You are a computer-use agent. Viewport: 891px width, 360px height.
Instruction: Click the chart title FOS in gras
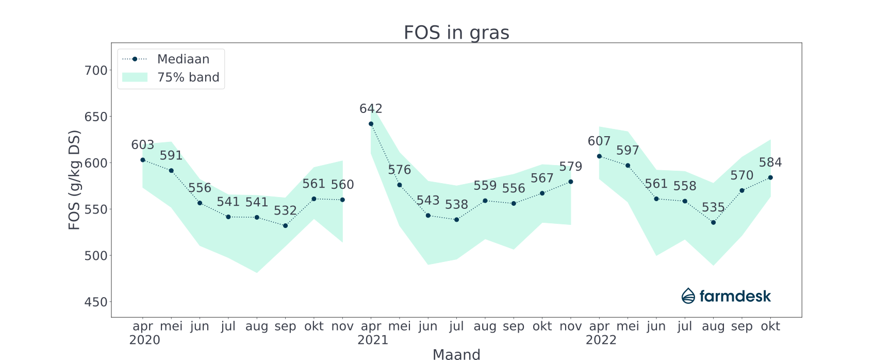pos(456,32)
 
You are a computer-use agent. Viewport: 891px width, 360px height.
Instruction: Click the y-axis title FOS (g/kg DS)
pos(74,181)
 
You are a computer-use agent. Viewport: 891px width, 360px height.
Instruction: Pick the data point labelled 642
pos(371,124)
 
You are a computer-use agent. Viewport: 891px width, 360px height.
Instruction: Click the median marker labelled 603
pos(143,160)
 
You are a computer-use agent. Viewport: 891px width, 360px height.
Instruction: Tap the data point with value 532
pos(285,226)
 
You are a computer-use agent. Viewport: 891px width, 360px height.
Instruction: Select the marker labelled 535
pos(713,222)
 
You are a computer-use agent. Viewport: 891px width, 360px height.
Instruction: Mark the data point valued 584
pos(770,177)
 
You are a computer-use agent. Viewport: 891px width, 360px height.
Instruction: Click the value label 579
pos(570,167)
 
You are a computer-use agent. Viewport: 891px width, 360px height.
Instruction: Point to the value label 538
pos(456,205)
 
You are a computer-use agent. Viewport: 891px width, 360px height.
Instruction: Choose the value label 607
pos(599,141)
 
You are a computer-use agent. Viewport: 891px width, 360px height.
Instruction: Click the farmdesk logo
pos(726,296)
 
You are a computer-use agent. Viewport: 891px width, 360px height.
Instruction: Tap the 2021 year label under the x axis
pos(373,340)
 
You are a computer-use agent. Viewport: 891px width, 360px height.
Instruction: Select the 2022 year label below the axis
pos(601,340)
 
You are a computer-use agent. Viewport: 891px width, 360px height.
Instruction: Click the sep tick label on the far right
pos(742,326)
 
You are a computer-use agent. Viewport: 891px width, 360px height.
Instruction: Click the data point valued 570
pos(742,190)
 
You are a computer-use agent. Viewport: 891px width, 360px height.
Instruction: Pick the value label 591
pos(171,156)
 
